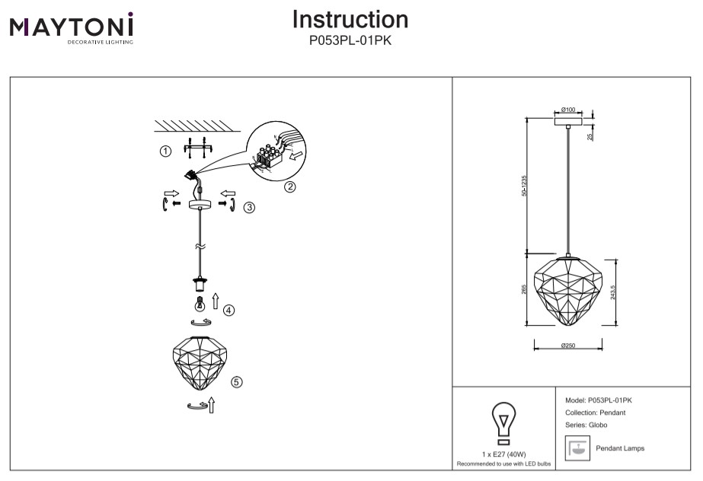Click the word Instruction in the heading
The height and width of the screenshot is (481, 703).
click(x=350, y=20)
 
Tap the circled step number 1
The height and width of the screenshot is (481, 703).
click(x=165, y=151)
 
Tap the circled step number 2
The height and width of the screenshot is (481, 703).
click(x=289, y=187)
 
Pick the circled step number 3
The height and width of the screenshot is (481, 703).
click(x=249, y=208)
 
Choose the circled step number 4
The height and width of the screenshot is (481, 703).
click(x=229, y=310)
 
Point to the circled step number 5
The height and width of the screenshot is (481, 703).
click(x=236, y=382)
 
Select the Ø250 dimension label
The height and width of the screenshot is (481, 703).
click(x=568, y=346)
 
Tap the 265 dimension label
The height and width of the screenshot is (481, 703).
click(x=524, y=291)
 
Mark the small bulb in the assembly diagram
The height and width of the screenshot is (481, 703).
click(x=201, y=306)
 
